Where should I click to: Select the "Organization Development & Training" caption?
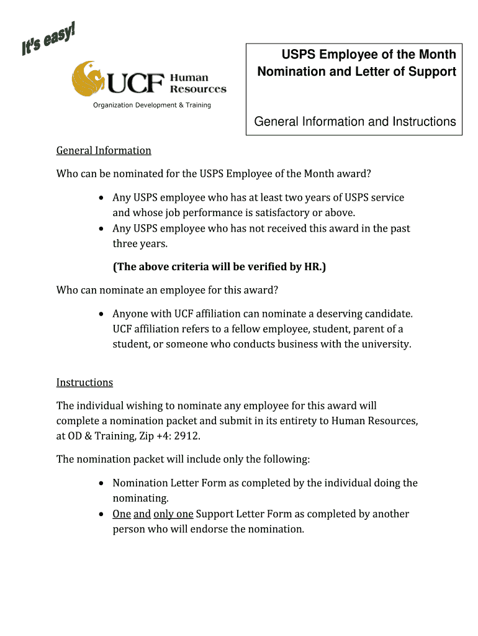click(x=152, y=105)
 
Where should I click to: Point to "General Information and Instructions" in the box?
click(x=355, y=122)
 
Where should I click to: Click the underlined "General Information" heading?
click(x=104, y=150)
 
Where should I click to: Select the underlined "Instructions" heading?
click(x=84, y=382)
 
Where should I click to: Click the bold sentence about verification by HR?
click(x=219, y=267)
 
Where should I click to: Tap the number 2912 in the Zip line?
click(x=187, y=436)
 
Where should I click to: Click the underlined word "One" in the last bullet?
click(x=121, y=514)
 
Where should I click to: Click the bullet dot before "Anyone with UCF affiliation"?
click(x=101, y=314)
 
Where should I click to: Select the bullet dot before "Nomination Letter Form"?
click(x=101, y=483)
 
